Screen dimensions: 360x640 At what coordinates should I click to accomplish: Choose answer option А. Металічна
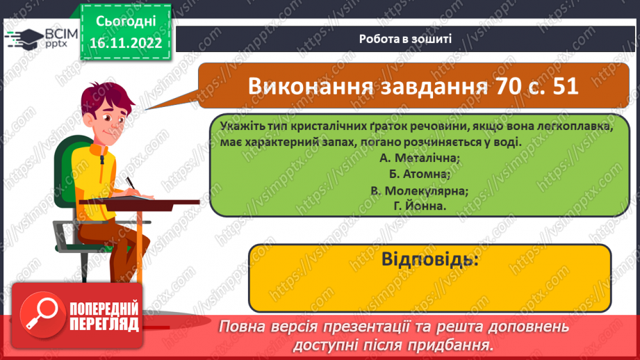point(420,158)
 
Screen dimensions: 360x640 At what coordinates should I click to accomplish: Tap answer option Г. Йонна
point(420,206)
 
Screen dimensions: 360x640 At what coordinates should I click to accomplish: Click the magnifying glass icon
point(41,316)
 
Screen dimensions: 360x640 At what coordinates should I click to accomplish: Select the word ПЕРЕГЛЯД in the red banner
point(104,325)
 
